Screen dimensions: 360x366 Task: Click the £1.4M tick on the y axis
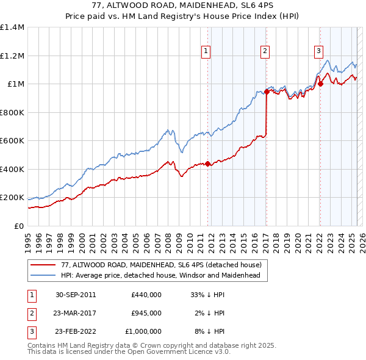pos(12,27)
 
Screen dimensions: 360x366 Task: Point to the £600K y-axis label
pos(12,141)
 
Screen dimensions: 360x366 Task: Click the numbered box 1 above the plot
pos(207,52)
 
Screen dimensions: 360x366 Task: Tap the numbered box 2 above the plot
pos(265,52)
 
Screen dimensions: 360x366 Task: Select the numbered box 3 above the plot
pos(318,52)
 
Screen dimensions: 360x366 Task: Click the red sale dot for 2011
pos(207,164)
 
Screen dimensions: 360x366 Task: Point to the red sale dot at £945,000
pos(267,92)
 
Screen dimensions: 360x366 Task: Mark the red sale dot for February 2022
pos(320,84)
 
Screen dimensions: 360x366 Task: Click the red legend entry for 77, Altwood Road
pos(161,265)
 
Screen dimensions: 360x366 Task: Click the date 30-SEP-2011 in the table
pos(76,295)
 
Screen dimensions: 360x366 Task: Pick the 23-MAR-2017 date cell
pos(76,313)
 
